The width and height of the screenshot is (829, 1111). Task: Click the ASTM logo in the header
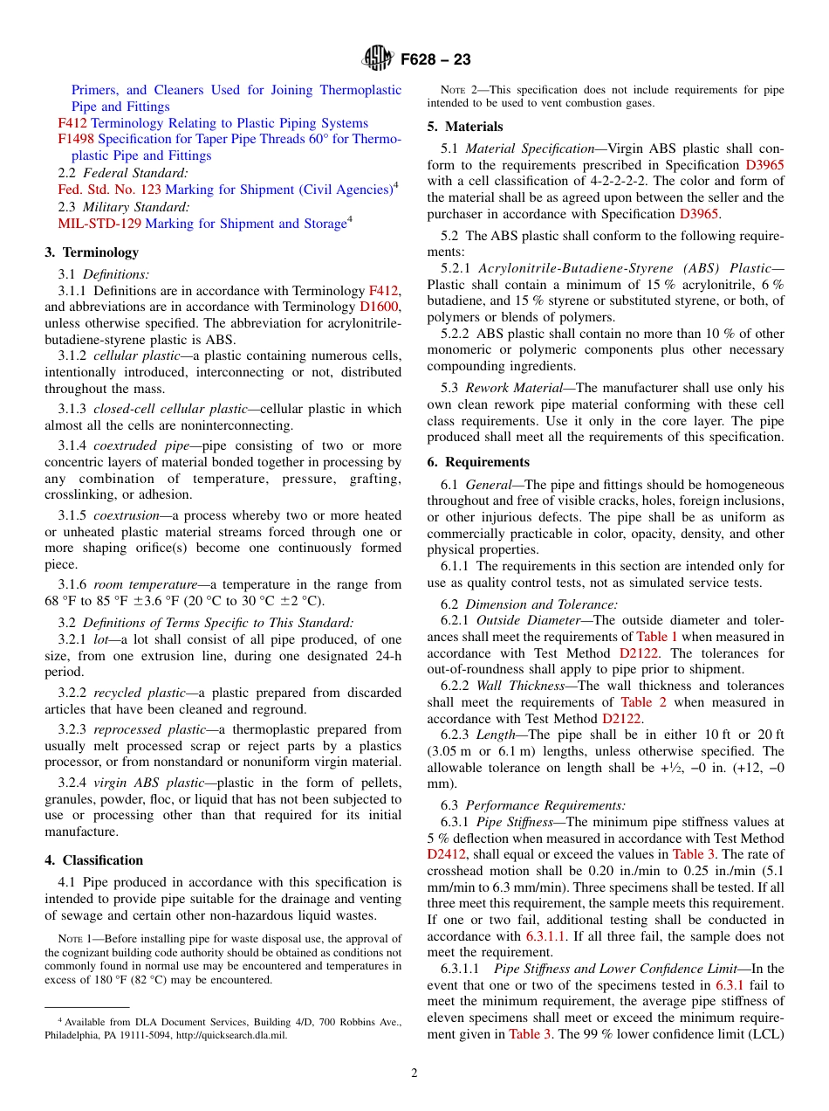378,59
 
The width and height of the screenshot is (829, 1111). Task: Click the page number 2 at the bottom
414,1073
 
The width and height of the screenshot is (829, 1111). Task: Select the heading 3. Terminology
92,252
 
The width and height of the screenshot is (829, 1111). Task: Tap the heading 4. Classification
94,860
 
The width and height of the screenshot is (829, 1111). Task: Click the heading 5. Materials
465,127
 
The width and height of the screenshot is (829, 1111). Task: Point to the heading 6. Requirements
478,462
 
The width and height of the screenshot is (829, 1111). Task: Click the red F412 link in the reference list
72,123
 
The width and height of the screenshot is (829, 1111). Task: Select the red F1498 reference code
76,139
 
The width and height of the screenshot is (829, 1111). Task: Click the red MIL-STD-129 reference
99,224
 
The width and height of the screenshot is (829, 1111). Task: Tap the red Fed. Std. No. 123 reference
109,190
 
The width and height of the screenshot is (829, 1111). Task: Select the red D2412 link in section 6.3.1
447,854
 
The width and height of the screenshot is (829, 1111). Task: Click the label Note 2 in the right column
457,90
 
